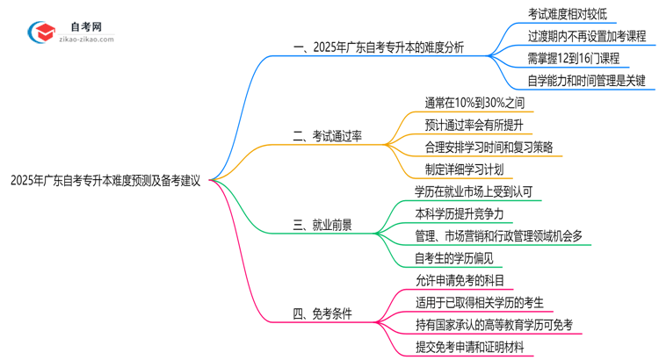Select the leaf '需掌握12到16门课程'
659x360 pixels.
pyautogui.click(x=574, y=58)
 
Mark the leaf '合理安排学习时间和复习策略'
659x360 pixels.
pyautogui.click(x=489, y=147)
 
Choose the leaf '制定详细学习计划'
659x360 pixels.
pyautogui.click(x=466, y=169)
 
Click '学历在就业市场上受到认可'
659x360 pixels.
pyautogui.click(x=479, y=191)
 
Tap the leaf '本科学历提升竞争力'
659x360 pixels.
pyautogui.click(x=466, y=213)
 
